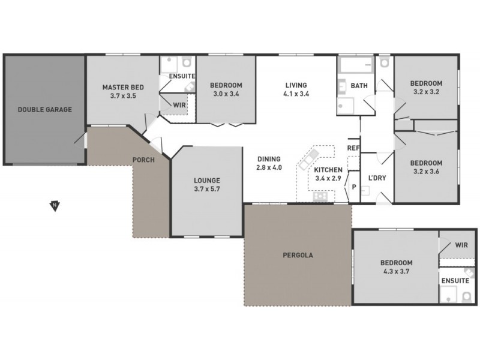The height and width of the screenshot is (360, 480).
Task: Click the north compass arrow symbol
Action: click(x=55, y=206)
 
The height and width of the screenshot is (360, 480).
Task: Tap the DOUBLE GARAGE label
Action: click(x=44, y=110)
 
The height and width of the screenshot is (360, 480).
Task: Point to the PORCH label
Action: click(x=143, y=160)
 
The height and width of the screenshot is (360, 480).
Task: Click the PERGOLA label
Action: click(x=298, y=255)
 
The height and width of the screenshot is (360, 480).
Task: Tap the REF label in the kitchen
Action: click(x=353, y=148)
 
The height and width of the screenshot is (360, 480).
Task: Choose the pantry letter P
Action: click(x=354, y=187)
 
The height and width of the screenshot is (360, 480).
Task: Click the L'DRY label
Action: click(x=377, y=178)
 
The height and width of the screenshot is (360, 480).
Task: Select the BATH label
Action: click(x=359, y=86)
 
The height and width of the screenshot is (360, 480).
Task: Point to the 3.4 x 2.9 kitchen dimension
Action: click(x=328, y=178)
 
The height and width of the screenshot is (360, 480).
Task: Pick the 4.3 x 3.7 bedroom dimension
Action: click(x=395, y=272)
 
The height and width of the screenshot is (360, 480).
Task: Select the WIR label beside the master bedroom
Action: click(x=179, y=105)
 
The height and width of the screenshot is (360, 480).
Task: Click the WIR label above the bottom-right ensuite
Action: click(x=461, y=245)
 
